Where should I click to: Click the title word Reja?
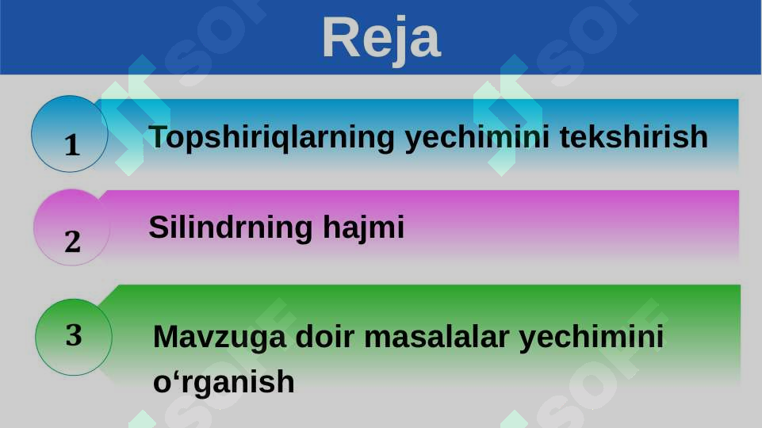(x=381, y=38)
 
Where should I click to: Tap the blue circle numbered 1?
(x=70, y=134)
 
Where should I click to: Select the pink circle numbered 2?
(x=71, y=227)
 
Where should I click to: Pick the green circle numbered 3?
(x=74, y=337)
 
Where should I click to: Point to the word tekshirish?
(x=634, y=137)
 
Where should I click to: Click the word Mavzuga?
(x=219, y=338)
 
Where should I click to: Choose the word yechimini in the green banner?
(x=591, y=338)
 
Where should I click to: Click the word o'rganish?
(x=224, y=383)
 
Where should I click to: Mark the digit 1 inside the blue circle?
(x=72, y=145)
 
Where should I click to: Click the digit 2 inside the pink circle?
(x=73, y=241)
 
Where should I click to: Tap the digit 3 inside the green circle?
(x=74, y=335)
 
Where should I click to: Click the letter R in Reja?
(x=339, y=37)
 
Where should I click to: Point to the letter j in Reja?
(x=401, y=41)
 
